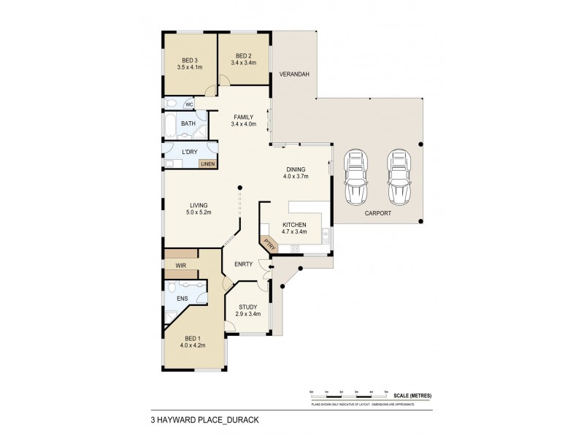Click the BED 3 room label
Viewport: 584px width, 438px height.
pos(189,60)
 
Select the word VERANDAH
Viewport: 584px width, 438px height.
pos(295,75)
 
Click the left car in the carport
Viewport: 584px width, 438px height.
pos(356,177)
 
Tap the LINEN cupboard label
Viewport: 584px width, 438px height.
pos(207,164)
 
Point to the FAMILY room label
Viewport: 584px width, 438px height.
pos(243,117)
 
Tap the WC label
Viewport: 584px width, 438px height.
pos(188,104)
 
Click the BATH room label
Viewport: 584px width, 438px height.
pos(188,124)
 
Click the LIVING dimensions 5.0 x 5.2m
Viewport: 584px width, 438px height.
pos(197,212)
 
